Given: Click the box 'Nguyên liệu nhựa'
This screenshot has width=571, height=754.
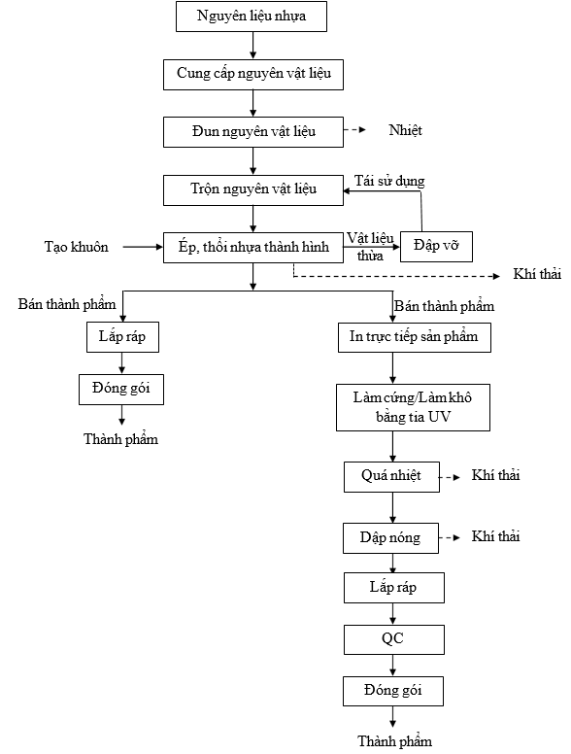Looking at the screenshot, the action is tap(252, 17).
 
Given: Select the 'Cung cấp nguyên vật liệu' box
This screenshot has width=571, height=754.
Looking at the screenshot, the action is tap(253, 75).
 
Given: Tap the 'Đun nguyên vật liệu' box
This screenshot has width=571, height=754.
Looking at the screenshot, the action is tap(253, 132).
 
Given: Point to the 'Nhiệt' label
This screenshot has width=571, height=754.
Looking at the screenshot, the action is tap(405, 130).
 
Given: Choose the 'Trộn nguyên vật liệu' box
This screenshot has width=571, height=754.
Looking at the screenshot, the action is tap(253, 190).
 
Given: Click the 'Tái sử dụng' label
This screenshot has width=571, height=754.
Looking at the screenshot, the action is tap(389, 182).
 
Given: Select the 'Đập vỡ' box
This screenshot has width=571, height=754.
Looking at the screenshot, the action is tap(436, 247).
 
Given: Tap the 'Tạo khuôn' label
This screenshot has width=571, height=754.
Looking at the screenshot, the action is tap(77, 247).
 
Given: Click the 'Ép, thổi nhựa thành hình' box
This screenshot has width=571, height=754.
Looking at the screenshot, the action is tap(253, 248).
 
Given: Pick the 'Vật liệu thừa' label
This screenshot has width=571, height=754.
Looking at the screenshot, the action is tap(370, 246).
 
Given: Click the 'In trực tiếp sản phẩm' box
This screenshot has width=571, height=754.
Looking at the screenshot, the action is tap(415, 337).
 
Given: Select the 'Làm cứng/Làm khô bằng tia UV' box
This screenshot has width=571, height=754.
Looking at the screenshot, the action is tap(413, 407).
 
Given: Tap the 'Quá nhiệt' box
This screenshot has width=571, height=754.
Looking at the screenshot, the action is tap(391, 477).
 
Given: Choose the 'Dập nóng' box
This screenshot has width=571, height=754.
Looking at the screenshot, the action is tap(390, 538).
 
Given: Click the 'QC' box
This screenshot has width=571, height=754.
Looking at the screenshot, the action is tap(393, 639).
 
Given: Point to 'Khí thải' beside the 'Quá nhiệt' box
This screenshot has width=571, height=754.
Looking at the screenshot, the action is tap(495, 475).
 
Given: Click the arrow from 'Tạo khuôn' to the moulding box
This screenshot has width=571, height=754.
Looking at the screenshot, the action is tap(143, 247).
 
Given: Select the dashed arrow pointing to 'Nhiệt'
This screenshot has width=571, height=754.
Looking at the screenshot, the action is tap(354, 130).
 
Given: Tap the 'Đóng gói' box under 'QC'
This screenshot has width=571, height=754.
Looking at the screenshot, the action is tap(393, 692).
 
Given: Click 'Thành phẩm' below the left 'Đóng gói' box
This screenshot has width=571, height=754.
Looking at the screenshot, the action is tap(120, 439).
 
